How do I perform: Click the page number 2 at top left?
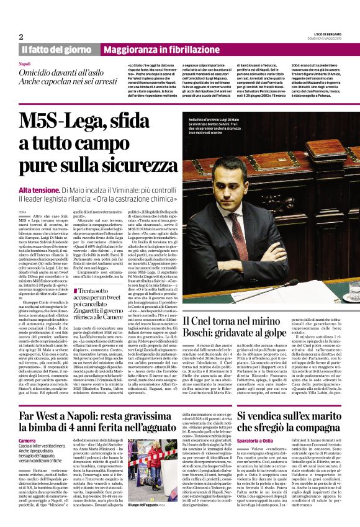click(x=21, y=36)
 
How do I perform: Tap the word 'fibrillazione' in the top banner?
click(x=186, y=49)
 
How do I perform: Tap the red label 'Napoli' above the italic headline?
click(x=24, y=65)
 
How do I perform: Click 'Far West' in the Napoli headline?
click(x=42, y=415)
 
